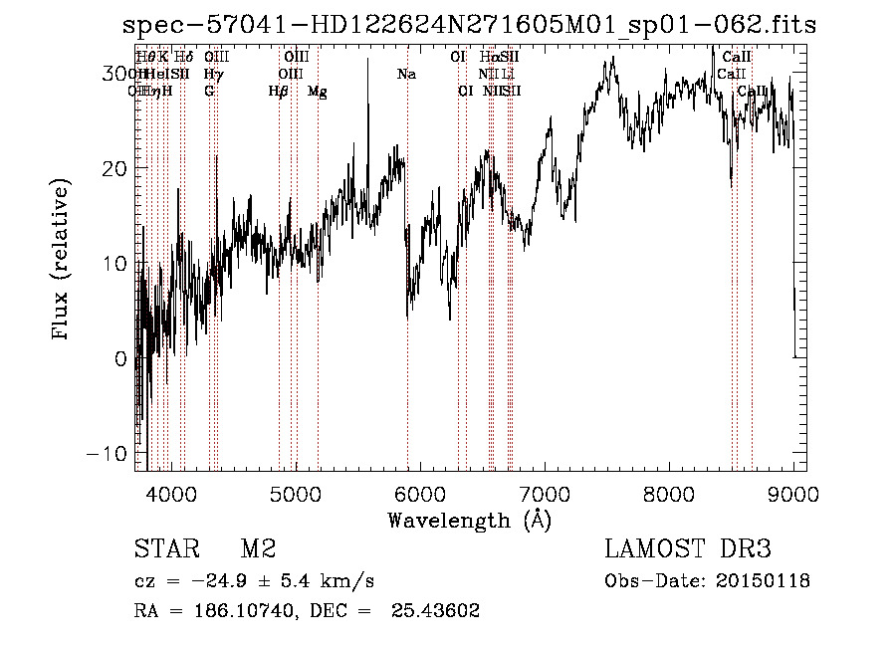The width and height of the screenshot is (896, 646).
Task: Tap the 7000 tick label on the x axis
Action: [x=545, y=491]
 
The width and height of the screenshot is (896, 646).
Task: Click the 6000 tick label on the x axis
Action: [x=420, y=491]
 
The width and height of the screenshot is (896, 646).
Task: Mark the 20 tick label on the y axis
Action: [x=114, y=168]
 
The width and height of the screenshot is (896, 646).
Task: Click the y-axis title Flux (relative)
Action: [x=62, y=262]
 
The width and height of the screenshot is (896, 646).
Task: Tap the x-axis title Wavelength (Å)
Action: [x=469, y=520]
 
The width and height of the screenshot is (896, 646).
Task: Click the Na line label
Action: [x=406, y=75]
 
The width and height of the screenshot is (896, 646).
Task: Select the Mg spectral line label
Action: [x=318, y=92]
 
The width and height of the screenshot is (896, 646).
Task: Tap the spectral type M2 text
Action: [x=258, y=549]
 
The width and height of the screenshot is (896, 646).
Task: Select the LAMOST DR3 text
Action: [x=688, y=549]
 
